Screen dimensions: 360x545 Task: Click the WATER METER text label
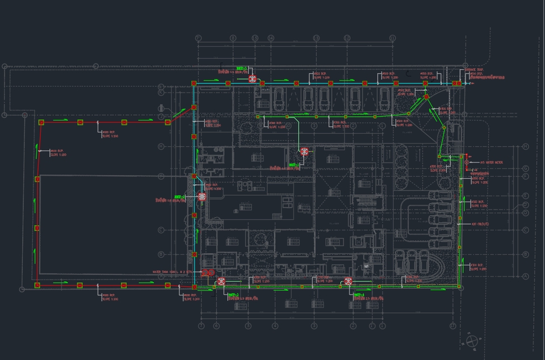click(x=492, y=162)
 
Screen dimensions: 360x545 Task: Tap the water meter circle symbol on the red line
click(x=467, y=162)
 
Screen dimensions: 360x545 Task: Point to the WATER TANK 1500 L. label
click(x=173, y=272)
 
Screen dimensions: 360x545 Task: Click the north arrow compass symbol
click(x=471, y=341)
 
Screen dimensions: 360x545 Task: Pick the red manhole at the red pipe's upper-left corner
click(x=41, y=122)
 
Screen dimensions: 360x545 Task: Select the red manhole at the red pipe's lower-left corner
click(x=37, y=285)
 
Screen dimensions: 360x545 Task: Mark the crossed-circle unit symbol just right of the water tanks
click(x=222, y=281)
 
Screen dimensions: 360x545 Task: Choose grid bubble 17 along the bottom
click(x=452, y=326)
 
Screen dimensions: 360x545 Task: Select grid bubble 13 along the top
click(x=316, y=38)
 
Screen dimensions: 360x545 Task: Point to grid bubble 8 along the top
click(x=233, y=38)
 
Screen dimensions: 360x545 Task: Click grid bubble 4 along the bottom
click(x=275, y=326)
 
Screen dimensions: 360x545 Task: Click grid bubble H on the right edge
click(x=526, y=146)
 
